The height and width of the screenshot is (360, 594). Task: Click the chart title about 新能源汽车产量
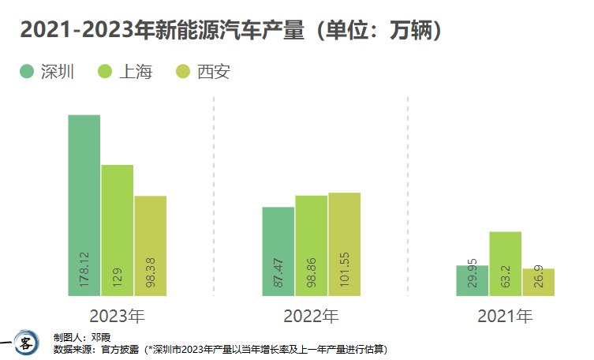pyautogui.click(x=230, y=30)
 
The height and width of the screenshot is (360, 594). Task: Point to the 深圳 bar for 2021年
pyautogui.click(x=473, y=281)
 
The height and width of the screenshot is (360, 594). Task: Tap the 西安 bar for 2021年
pyautogui.click(x=539, y=283)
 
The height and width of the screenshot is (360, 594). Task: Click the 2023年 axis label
pyautogui.click(x=117, y=317)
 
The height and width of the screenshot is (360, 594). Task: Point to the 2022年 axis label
pyautogui.click(x=312, y=317)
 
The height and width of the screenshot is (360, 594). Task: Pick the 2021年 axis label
pyautogui.click(x=506, y=317)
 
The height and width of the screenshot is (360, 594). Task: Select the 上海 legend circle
pyautogui.click(x=106, y=72)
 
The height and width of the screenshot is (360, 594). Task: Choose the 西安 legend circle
pyautogui.click(x=184, y=72)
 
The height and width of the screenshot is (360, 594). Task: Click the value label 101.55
pyautogui.click(x=345, y=271)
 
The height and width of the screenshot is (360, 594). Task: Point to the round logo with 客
pyautogui.click(x=26, y=343)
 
